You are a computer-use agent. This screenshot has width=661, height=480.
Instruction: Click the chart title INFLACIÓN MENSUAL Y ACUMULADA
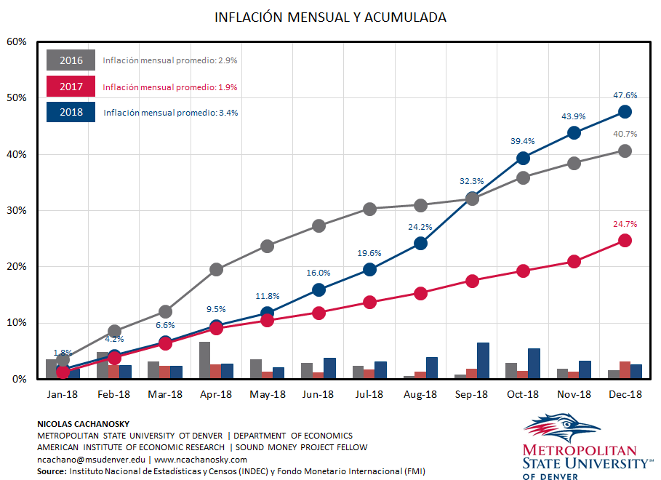click(330, 17)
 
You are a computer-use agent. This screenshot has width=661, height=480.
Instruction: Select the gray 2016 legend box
click(71, 60)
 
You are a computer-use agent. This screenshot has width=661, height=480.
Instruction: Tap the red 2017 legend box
click(71, 87)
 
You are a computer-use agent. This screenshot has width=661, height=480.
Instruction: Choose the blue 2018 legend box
click(71, 112)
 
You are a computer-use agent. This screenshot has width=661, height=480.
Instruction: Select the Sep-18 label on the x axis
click(471, 394)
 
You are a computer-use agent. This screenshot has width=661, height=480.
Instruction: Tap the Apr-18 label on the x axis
click(216, 394)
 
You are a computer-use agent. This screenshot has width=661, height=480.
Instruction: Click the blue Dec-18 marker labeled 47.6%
click(625, 111)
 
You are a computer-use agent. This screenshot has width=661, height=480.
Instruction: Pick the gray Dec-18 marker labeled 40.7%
click(625, 151)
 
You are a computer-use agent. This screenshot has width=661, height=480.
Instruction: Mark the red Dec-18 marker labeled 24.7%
click(625, 240)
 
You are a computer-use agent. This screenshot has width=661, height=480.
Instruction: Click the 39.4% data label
click(522, 141)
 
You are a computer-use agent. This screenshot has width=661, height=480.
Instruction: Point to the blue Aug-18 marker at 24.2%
click(420, 243)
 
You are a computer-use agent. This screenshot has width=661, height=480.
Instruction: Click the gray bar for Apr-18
click(204, 360)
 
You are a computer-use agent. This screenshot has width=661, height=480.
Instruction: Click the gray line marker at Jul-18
click(369, 209)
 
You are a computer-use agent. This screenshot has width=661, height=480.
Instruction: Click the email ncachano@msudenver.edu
click(91, 460)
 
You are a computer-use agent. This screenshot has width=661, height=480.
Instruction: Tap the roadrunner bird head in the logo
click(566, 425)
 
